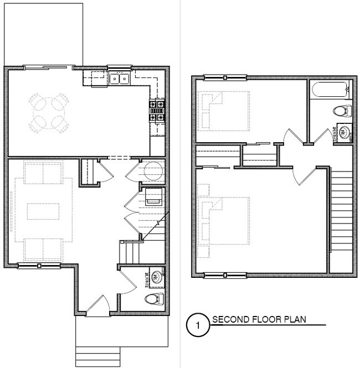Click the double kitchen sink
(120, 79)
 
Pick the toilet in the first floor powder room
(155, 299)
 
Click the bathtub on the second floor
(330, 90)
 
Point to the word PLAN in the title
(295, 319)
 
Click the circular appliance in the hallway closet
(153, 172)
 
